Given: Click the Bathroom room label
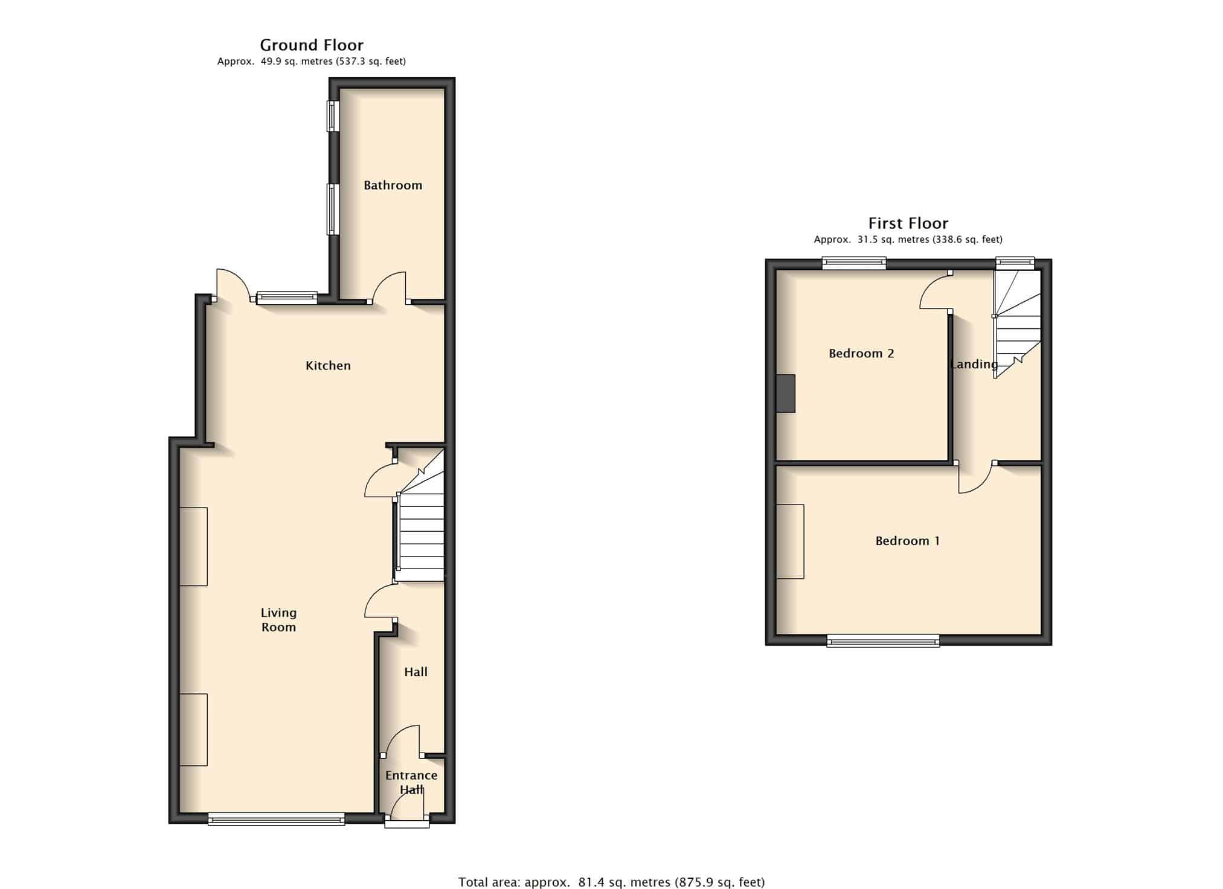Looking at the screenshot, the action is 393,185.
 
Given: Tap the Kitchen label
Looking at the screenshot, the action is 328,365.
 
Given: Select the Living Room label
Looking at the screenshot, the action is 278,620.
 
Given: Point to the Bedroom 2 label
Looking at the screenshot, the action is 861,353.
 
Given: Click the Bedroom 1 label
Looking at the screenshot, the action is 908,541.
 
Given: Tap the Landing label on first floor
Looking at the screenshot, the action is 974,364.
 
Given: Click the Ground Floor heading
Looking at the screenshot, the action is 312,45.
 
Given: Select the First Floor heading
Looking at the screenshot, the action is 908,223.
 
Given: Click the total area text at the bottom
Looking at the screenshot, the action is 611,882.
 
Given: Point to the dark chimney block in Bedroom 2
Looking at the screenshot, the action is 786,394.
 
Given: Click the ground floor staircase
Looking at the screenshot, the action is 421,515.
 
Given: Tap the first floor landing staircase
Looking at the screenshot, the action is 1018,324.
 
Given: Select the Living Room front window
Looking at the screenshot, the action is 276,818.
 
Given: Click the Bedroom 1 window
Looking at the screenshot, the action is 883,640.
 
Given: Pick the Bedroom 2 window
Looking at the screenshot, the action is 854,263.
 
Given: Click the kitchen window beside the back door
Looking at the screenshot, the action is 287,297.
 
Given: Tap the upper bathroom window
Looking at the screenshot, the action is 333,116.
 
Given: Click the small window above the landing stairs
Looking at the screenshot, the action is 1015,263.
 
